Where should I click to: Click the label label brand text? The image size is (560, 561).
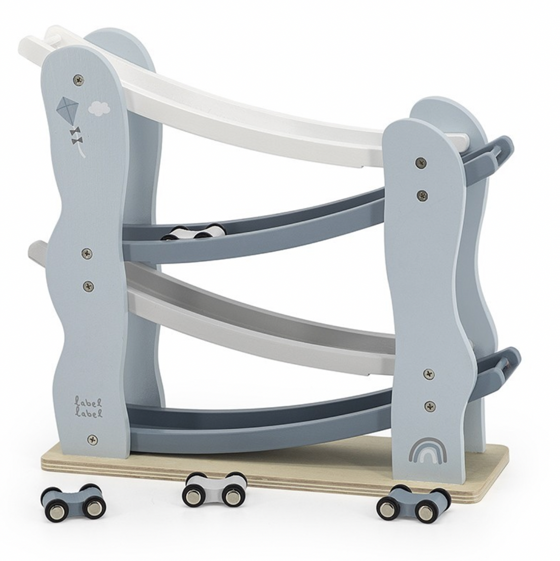coord(89,407)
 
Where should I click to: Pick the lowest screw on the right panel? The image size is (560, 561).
coord(430,406)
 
